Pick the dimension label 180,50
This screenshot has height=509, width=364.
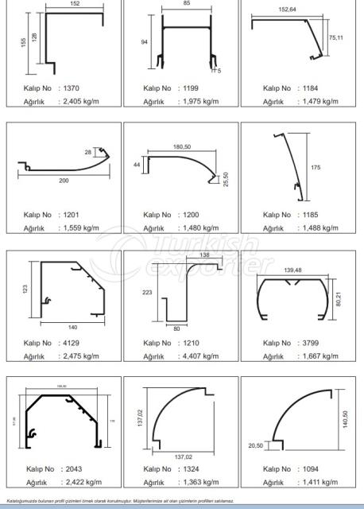[184, 146]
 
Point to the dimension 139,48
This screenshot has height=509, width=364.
[292, 271]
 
